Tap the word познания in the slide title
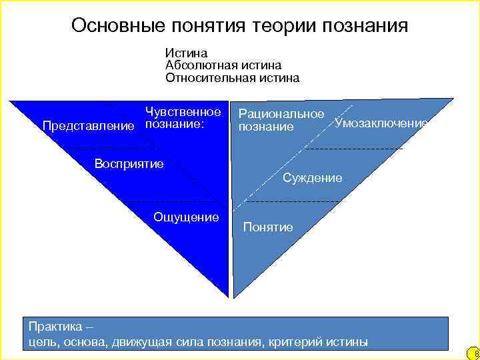click(364, 26)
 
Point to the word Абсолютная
click(198, 65)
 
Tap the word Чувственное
click(183, 112)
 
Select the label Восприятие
click(129, 163)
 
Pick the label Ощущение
click(186, 217)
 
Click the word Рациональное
click(281, 115)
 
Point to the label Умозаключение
click(381, 123)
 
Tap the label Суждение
click(313, 178)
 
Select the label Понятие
click(268, 227)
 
